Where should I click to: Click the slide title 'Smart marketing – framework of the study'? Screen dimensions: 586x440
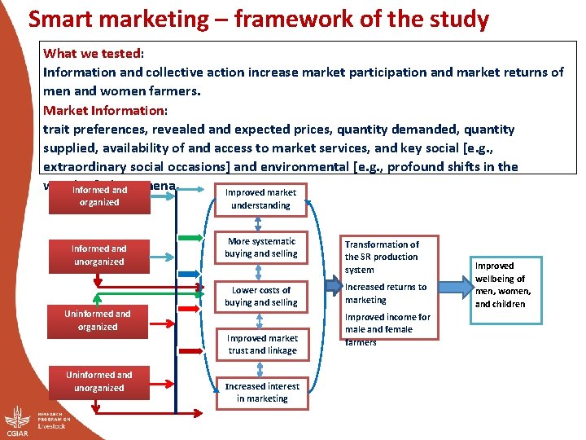(x=259, y=19)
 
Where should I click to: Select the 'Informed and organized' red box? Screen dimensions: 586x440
(x=99, y=196)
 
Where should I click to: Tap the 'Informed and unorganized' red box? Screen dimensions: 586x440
(x=98, y=255)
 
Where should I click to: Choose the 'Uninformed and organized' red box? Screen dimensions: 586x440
(x=98, y=320)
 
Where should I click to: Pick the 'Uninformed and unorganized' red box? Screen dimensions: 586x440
(x=98, y=381)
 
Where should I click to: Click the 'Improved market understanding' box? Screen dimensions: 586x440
(x=260, y=200)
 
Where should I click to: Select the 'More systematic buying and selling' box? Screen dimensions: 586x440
(x=262, y=248)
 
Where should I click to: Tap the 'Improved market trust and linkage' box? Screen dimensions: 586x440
(x=262, y=345)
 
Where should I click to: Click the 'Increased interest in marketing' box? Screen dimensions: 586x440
(x=262, y=393)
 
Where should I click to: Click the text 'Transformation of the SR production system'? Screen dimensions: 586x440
(x=381, y=257)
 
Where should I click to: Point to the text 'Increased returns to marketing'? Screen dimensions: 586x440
(x=386, y=293)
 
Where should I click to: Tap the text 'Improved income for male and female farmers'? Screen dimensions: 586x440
(x=387, y=329)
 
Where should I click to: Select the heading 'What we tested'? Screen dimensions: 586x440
(x=92, y=53)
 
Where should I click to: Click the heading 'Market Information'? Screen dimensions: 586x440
(x=104, y=110)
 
